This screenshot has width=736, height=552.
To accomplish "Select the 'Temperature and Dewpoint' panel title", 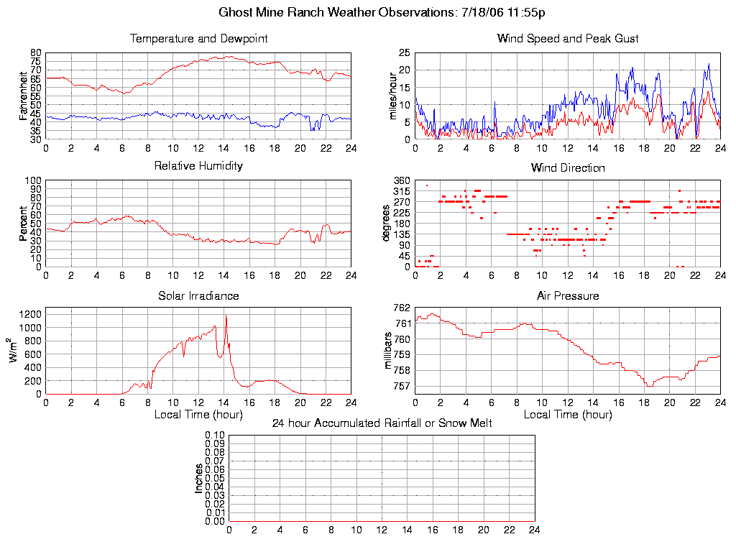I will tap(198, 39).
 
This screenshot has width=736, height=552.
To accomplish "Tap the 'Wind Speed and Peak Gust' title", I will tap(568, 39).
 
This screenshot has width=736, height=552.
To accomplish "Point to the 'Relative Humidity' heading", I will tap(198, 166).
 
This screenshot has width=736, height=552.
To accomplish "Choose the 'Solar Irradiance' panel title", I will tap(198, 295).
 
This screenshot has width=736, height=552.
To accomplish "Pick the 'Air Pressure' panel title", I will tap(568, 295).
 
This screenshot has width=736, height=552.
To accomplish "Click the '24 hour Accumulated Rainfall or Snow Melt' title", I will tap(382, 423).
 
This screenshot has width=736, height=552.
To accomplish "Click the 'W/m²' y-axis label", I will tap(13, 351).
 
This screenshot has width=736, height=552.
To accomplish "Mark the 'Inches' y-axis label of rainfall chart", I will tap(200, 478).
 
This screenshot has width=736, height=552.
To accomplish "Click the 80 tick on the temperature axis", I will tap(37, 53).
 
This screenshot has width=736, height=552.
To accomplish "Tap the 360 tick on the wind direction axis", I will tap(401, 180).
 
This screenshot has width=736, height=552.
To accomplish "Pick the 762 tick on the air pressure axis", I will tap(401, 308).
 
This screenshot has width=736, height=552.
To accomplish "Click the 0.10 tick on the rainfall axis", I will tap(216, 436).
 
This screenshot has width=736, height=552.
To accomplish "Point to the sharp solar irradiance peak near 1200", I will tap(226, 316).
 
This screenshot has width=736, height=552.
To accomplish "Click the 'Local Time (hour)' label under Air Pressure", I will tap(568, 415).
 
